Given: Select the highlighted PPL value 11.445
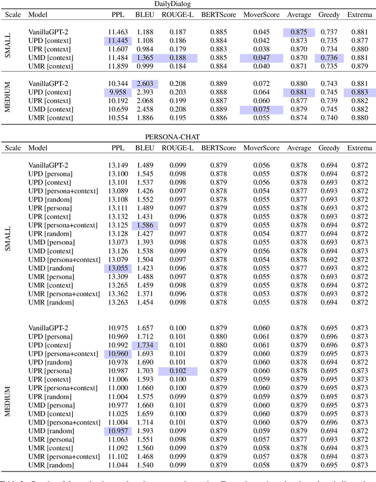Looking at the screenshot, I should coord(118,41).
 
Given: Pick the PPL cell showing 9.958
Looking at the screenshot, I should coord(118,92).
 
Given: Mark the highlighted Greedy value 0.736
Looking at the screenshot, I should coord(328,58).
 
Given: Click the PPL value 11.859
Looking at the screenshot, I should coord(118,67).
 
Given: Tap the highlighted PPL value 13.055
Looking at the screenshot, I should coord(118,268).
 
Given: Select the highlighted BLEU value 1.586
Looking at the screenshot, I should coord(145,225).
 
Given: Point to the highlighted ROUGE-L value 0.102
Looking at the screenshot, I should coord(176,371).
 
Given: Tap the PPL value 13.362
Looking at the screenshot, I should coord(118,294).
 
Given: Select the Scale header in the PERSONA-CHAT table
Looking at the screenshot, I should coord(13,148).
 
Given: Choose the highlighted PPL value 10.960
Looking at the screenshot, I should coord(118,354).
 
